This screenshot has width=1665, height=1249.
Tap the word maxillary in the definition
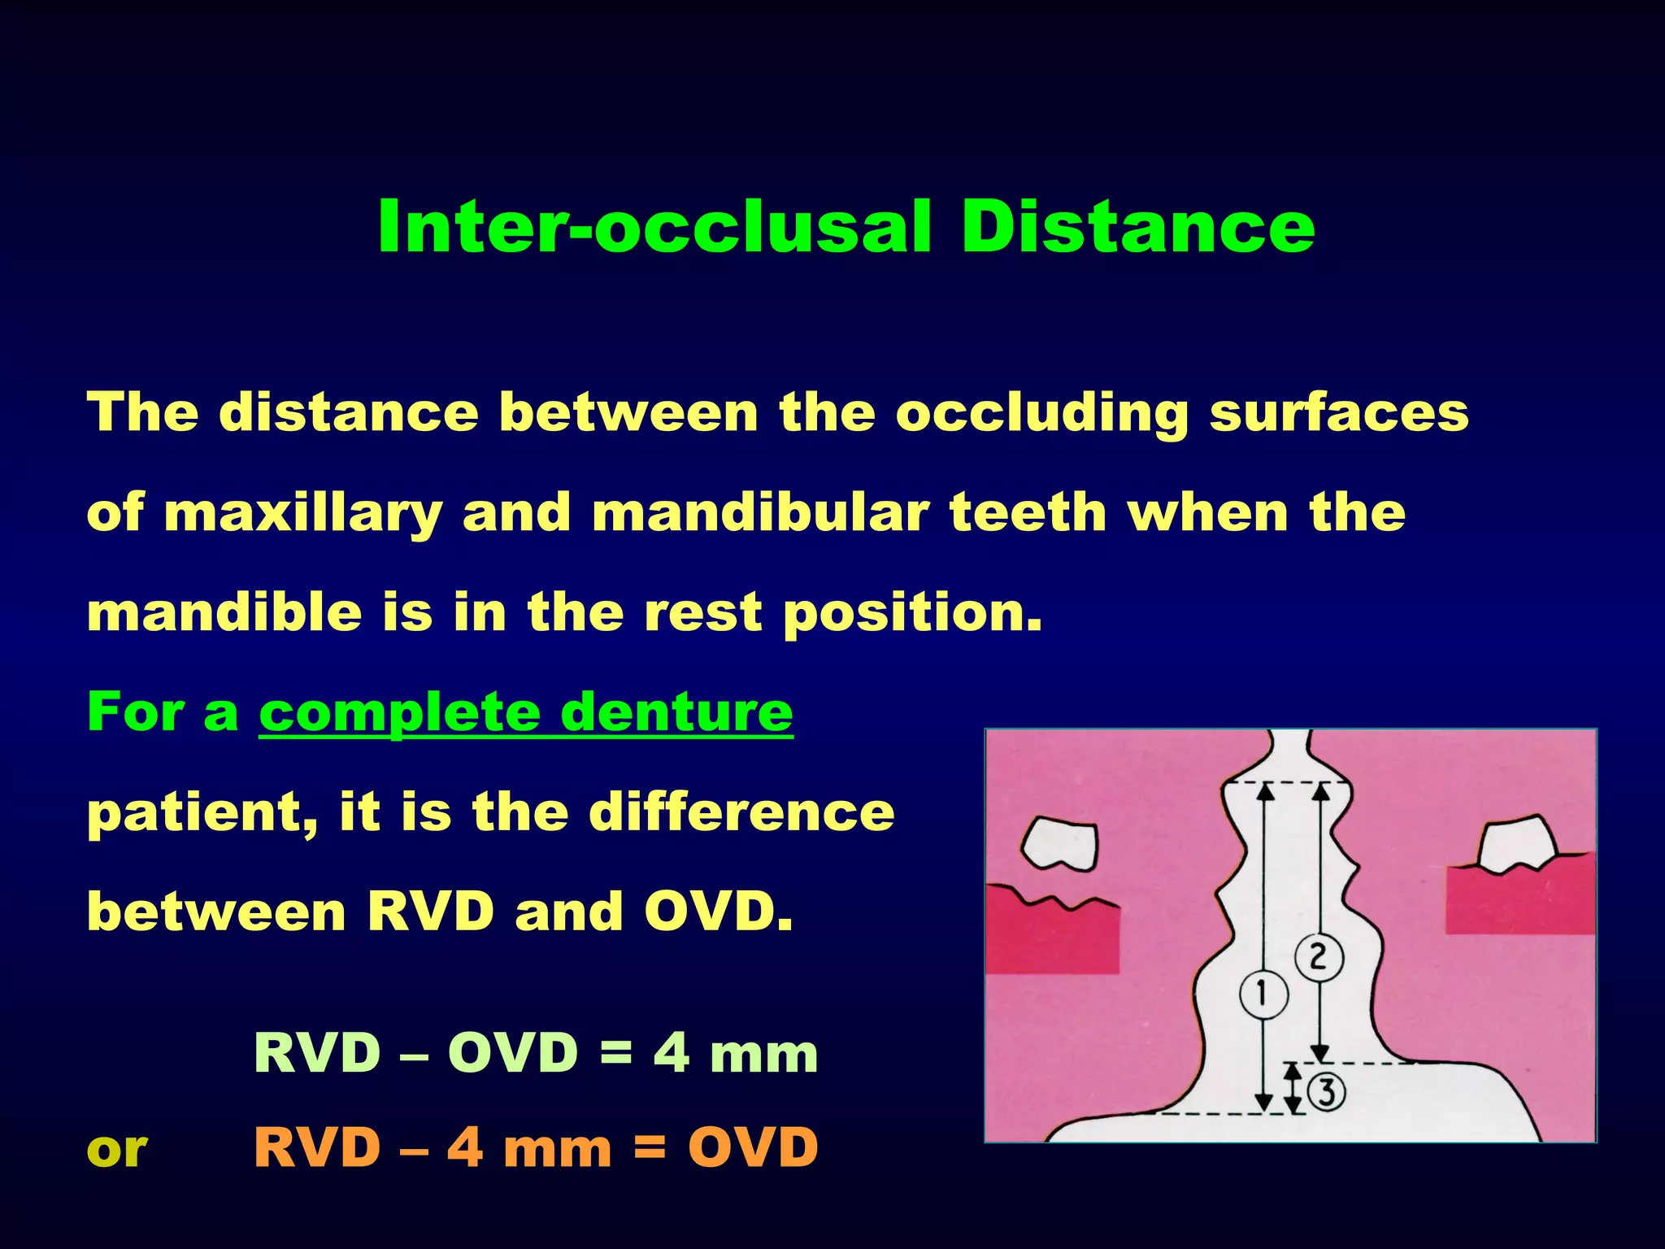click(302, 515)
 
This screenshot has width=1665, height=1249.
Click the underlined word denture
click(676, 712)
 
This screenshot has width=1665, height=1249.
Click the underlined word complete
click(399, 714)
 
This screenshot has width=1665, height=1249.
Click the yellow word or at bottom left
click(117, 1149)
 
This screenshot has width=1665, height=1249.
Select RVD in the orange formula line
click(317, 1147)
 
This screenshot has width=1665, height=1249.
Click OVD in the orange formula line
click(753, 1147)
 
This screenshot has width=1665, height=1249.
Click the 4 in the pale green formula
click(672, 1053)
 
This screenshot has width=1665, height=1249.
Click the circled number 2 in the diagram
click(1318, 956)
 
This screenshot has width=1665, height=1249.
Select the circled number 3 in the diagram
click(1326, 1092)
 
